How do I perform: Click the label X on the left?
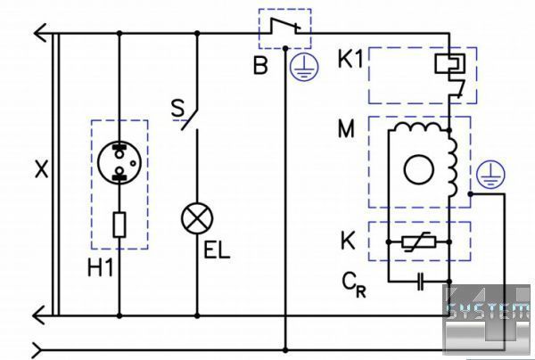point(40,169)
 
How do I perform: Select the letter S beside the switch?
point(177,109)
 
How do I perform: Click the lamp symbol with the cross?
point(194,217)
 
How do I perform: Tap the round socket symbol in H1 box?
point(119,162)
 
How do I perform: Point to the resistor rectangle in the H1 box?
point(119,225)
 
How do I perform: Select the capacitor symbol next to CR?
point(420,283)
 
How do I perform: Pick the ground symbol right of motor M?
point(486,175)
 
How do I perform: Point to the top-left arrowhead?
point(41,34)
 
